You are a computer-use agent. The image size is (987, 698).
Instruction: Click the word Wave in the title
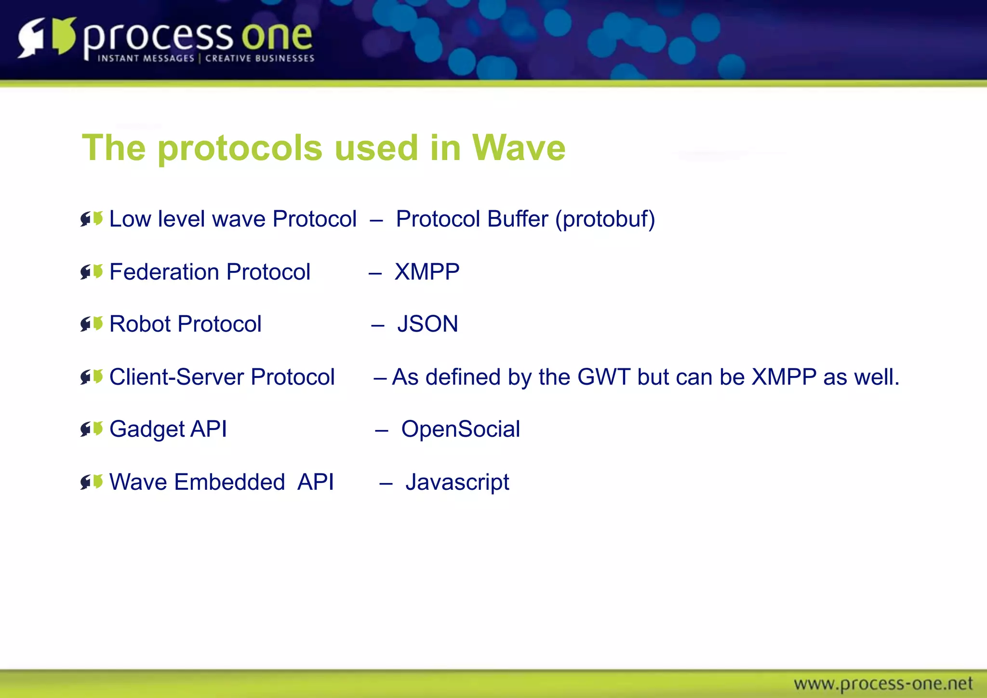(x=519, y=148)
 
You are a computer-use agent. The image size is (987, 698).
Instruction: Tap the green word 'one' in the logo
(x=277, y=37)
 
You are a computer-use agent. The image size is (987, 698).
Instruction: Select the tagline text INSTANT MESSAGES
(x=146, y=58)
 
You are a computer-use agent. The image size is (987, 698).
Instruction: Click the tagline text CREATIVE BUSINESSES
(x=260, y=58)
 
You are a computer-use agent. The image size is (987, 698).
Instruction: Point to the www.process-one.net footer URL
(x=883, y=684)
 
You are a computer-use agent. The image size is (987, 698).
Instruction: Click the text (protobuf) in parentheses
(x=605, y=219)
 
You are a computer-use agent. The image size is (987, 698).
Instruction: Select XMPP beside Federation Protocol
(x=427, y=272)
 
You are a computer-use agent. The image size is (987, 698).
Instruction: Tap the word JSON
(x=427, y=324)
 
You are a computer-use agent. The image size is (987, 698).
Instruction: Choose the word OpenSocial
(x=460, y=429)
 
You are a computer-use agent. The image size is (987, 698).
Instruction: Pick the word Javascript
(x=457, y=482)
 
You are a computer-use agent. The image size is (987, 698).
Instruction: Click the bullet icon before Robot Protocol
(x=92, y=324)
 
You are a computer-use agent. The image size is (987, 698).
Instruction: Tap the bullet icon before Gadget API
(x=92, y=429)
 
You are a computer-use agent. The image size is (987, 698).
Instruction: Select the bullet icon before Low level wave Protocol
(x=92, y=219)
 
